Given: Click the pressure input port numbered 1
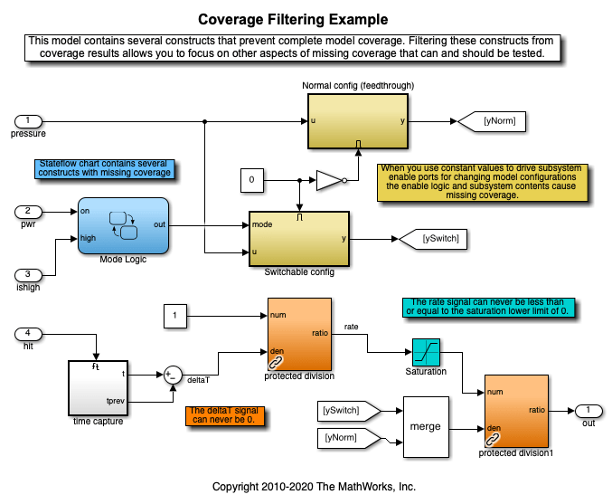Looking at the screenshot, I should click(x=28, y=120).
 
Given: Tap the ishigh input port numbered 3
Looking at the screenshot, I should click(x=28, y=274).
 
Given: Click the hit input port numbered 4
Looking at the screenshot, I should click(x=28, y=333).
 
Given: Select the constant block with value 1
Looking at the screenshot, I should click(x=175, y=317).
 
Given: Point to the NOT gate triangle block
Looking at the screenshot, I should click(x=328, y=181).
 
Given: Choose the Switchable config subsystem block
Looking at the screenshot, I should click(x=298, y=239).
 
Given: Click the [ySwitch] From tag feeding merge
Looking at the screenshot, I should click(x=341, y=410).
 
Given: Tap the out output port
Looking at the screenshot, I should click(x=588, y=411).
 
